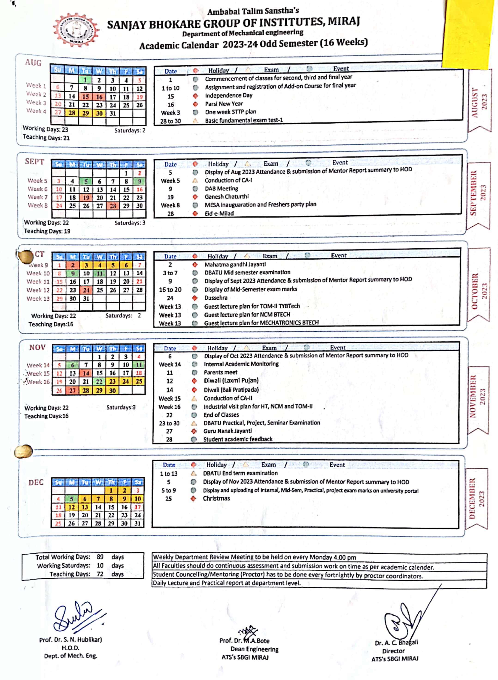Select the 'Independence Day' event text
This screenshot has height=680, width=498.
point(228,96)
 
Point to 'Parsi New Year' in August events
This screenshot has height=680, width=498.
point(224,104)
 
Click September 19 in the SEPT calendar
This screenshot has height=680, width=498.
point(86,198)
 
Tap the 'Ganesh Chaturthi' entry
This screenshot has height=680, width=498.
point(226,197)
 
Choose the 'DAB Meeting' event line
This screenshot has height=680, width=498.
point(221,188)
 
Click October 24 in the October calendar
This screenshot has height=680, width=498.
point(86,290)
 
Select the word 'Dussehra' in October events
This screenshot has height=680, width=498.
point(216,298)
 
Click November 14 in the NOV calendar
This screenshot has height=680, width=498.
point(86,373)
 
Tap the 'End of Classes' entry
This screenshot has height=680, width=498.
point(221,415)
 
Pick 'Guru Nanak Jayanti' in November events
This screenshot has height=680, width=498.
point(227,431)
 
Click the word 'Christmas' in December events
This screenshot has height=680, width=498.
point(216,498)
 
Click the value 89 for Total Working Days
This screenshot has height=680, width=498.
point(100,557)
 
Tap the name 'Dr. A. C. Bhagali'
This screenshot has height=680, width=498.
point(396,643)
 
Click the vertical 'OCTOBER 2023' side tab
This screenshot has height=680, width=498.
point(479,291)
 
